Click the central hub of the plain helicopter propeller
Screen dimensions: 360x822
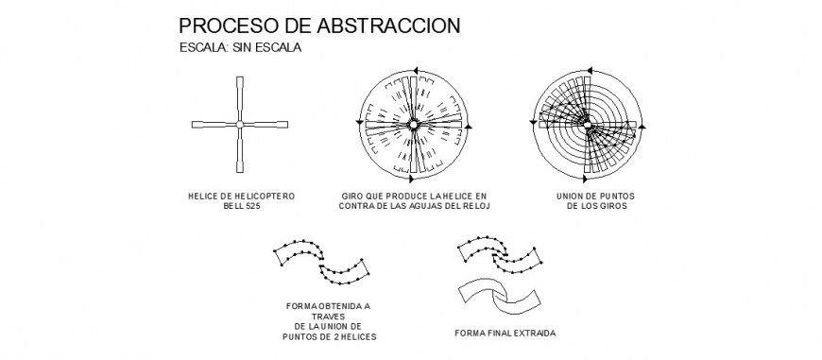[x=240, y=124]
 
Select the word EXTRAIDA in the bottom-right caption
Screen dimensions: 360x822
[x=534, y=334]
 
